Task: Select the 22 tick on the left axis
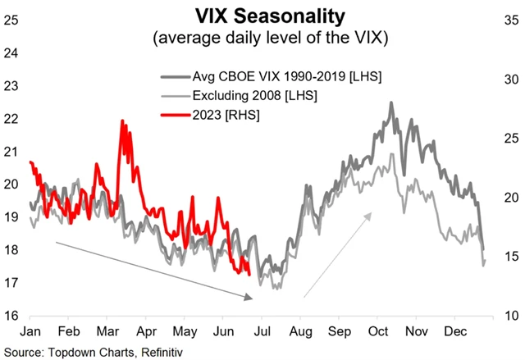11,118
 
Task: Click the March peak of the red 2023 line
122,122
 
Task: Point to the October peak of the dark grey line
391,103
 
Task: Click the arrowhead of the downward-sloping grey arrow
251,298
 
